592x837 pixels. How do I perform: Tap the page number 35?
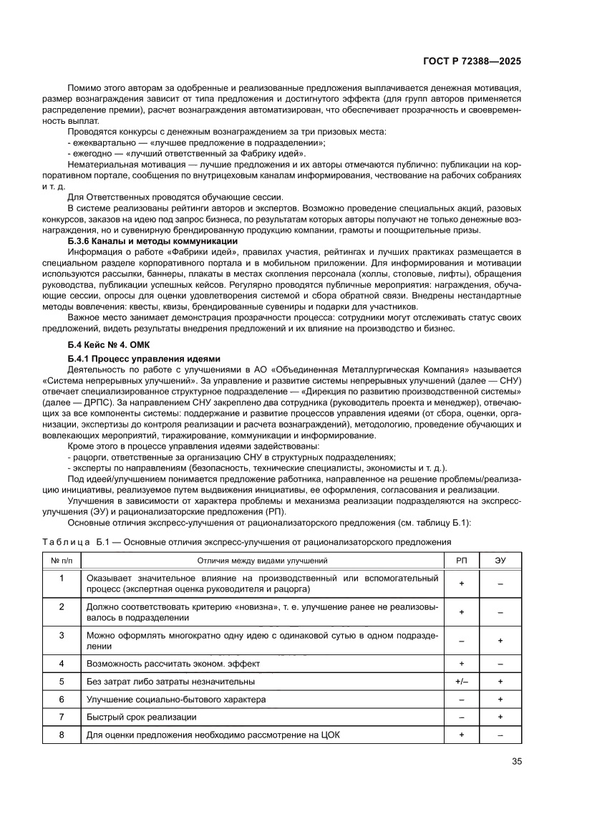(x=516, y=762)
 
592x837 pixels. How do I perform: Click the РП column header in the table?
(x=462, y=560)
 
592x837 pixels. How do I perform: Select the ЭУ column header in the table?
(x=500, y=560)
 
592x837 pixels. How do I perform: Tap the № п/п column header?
(x=62, y=560)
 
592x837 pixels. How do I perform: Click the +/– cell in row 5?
(x=462, y=682)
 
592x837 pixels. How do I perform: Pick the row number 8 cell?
(x=62, y=735)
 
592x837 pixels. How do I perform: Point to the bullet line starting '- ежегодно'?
(x=186, y=153)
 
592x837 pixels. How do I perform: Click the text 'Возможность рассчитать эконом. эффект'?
(x=173, y=664)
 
